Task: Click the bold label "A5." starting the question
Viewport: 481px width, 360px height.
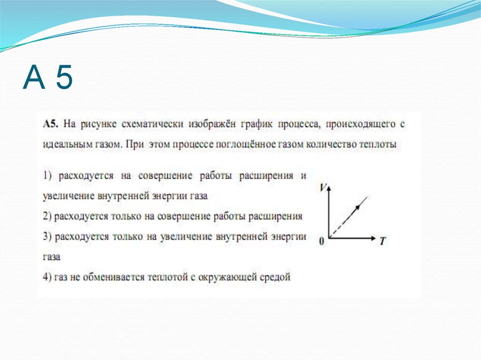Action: tap(50, 124)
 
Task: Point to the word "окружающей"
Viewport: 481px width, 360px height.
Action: tap(227, 277)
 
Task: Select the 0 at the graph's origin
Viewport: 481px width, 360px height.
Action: tap(322, 241)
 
